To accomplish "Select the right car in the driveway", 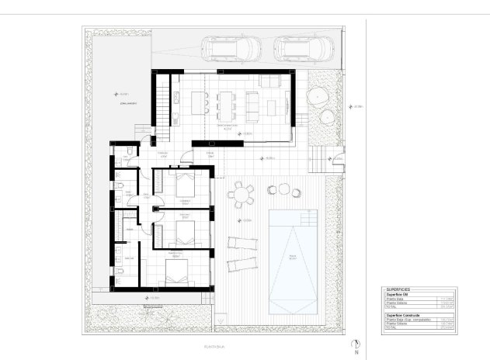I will [x=296, y=49].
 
